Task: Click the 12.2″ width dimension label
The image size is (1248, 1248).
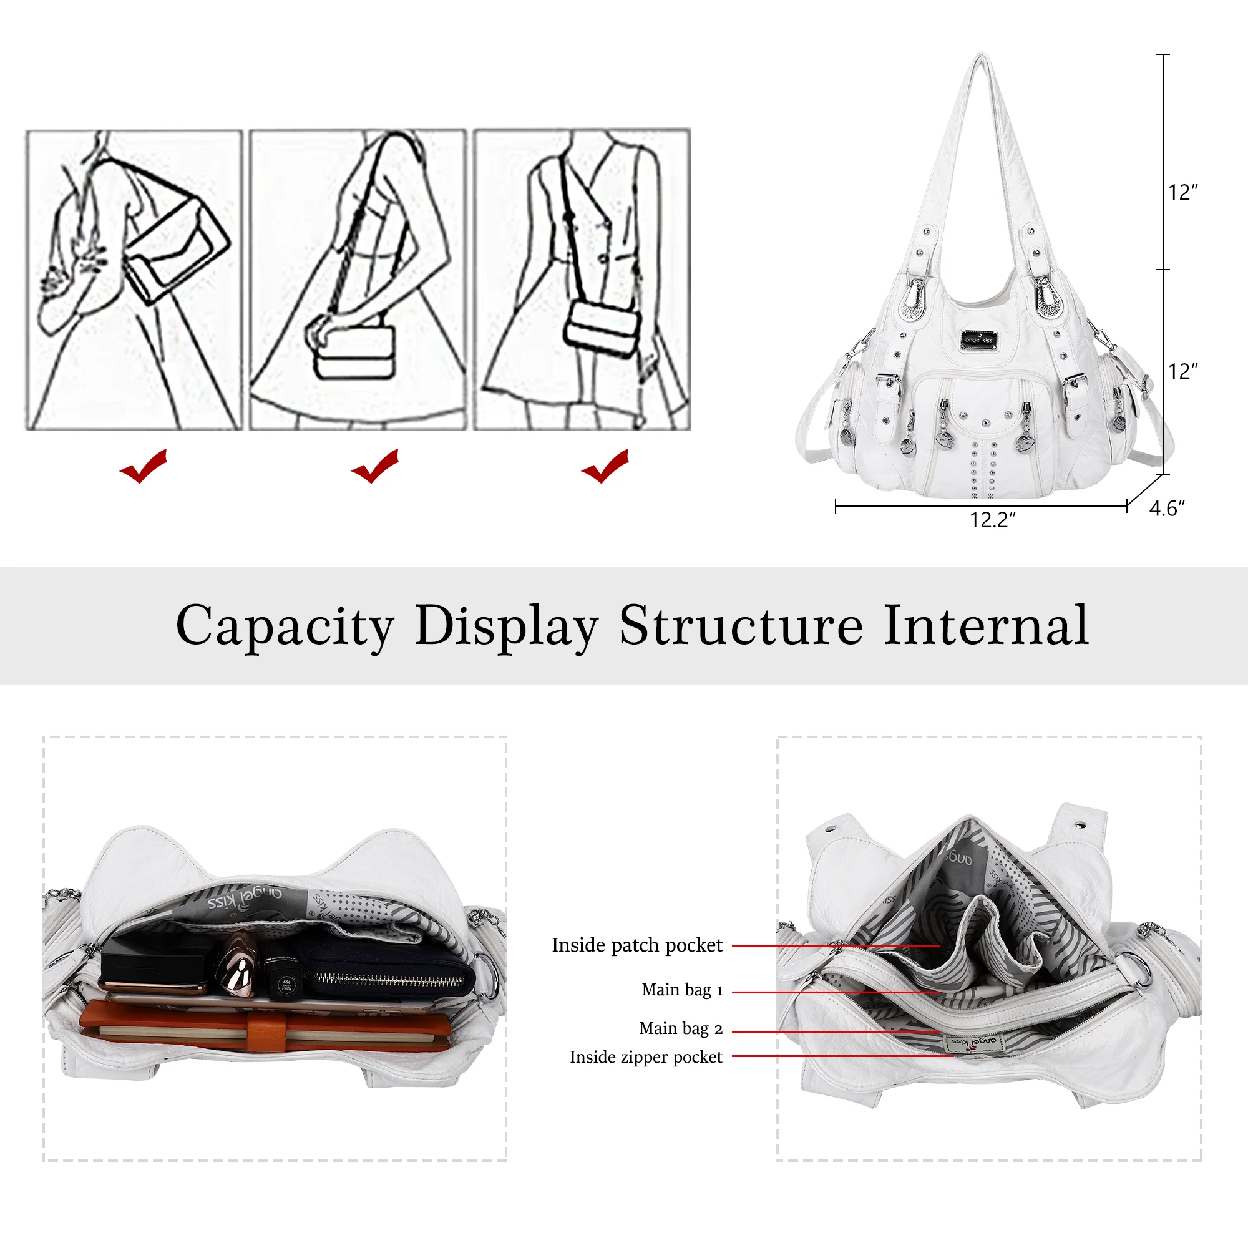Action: (993, 520)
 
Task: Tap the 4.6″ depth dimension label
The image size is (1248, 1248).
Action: (1167, 509)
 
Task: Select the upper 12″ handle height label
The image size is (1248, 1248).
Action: (1182, 192)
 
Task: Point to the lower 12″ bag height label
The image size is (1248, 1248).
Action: (1182, 371)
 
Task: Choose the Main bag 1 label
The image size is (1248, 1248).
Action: (682, 990)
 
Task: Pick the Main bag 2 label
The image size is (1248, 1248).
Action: (681, 1028)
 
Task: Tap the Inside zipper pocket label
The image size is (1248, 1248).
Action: (646, 1057)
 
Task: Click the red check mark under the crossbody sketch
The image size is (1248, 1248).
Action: (605, 466)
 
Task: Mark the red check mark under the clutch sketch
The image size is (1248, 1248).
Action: (144, 466)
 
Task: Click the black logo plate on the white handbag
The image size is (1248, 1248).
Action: (979, 339)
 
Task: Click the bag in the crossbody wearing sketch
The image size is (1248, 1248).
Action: (604, 329)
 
